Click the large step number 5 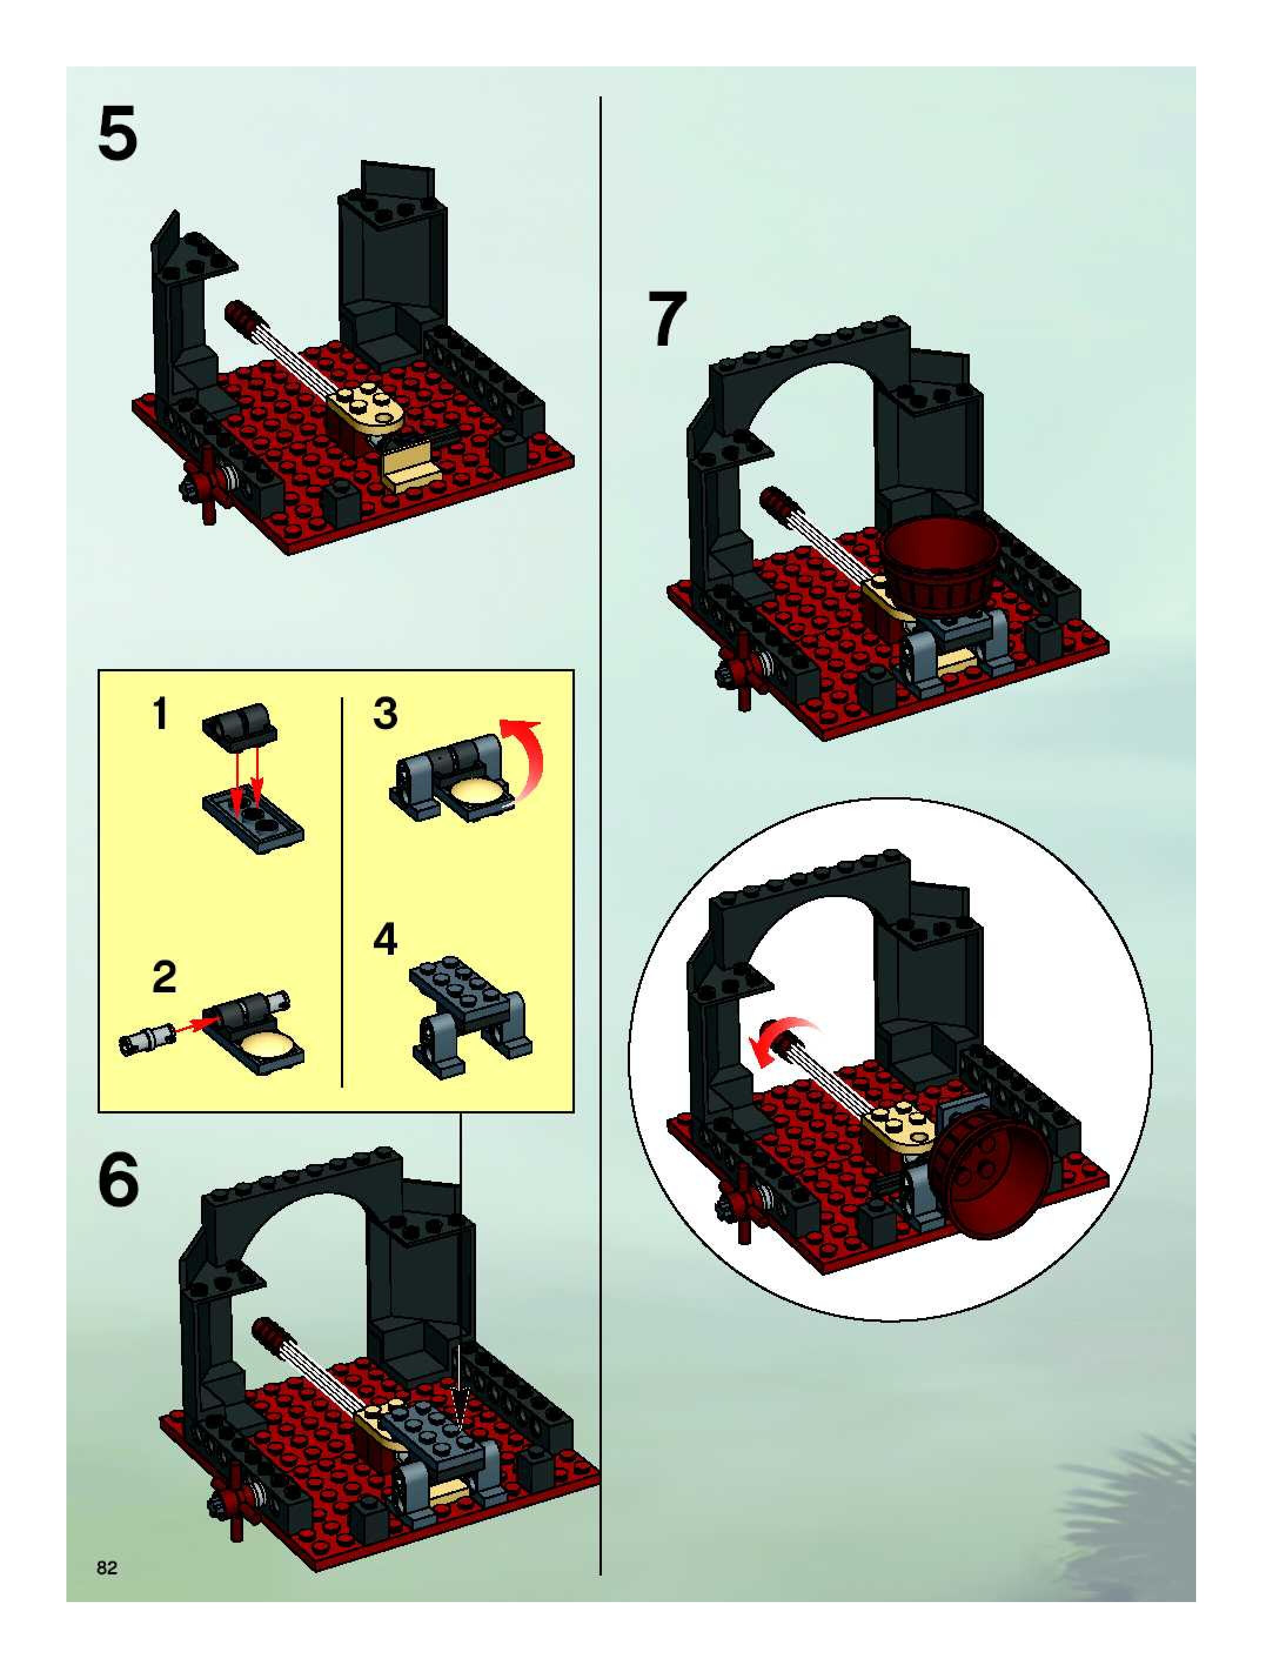(118, 134)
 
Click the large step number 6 (119, 1180)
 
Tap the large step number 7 (668, 319)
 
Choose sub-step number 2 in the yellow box (164, 977)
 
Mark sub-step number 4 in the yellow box (386, 939)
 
